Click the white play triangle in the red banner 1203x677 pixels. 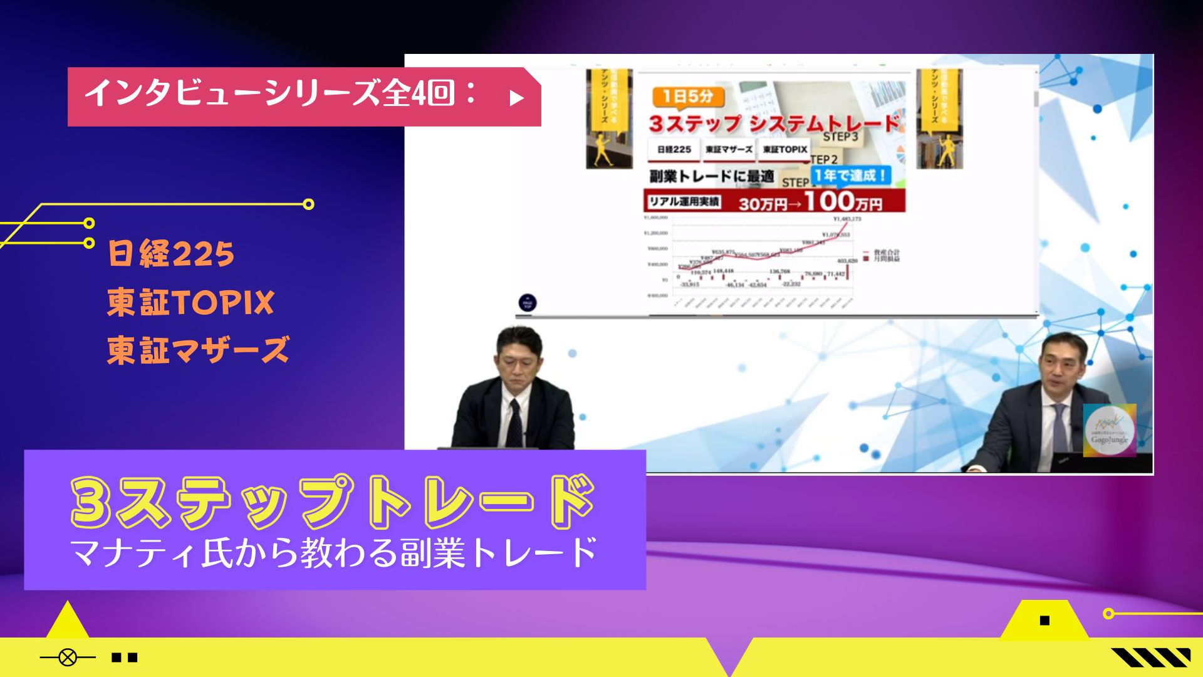[516, 98]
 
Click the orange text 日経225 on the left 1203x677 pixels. [171, 254]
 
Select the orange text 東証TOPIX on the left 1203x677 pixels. [190, 302]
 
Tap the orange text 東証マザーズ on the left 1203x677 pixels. [198, 350]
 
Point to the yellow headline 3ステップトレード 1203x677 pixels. [333, 502]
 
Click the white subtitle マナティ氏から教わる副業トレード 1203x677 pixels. [334, 553]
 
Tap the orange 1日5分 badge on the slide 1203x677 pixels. [688, 97]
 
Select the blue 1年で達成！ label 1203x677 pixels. [851, 176]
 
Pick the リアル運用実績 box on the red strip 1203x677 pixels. [684, 202]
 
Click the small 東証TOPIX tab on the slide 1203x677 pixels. [785, 149]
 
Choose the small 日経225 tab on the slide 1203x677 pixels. [674, 149]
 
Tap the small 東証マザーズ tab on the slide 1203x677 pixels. [729, 149]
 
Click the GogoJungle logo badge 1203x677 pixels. [1109, 430]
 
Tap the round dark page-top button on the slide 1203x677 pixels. [528, 303]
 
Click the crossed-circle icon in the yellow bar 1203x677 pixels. [68, 658]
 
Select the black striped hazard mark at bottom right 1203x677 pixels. [1151, 658]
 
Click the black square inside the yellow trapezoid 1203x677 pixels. [1044, 621]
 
